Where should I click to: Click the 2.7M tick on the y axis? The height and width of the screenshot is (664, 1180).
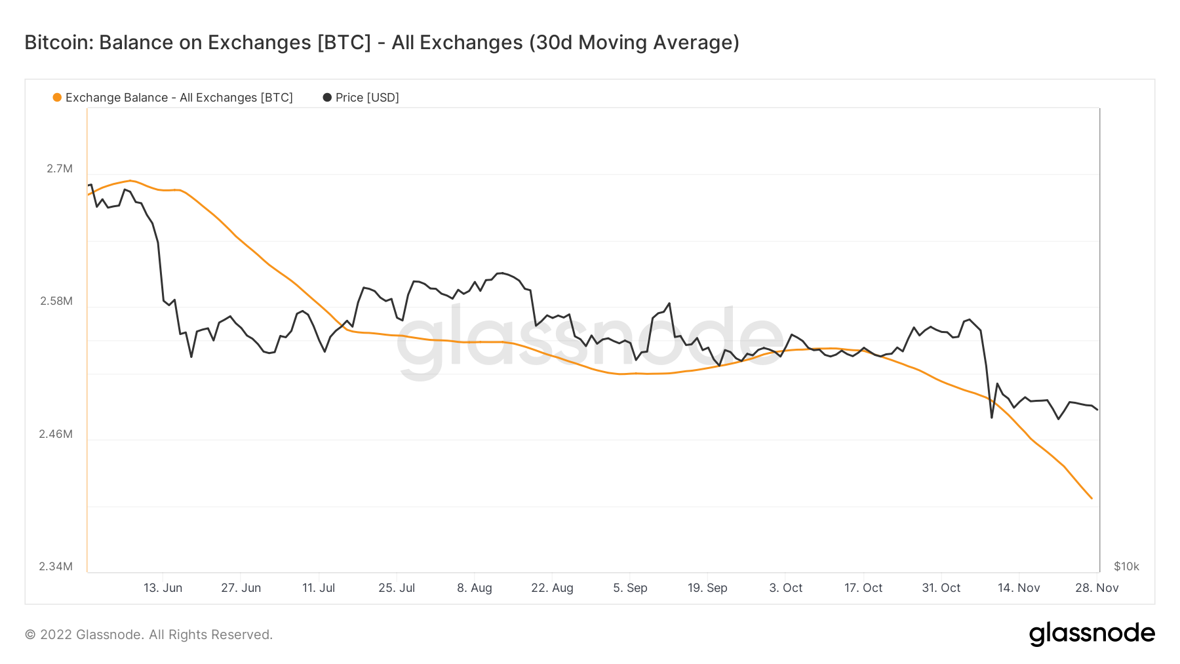point(59,169)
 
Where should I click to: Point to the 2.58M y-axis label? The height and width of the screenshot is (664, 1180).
point(56,302)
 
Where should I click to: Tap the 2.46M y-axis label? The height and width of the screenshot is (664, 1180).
point(56,434)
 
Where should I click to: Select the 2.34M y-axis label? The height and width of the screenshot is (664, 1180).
point(56,566)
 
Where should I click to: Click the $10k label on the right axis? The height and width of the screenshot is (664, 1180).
point(1126,566)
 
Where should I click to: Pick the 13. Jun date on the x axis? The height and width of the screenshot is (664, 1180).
point(163,588)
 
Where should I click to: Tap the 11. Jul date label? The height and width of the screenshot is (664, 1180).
point(319,588)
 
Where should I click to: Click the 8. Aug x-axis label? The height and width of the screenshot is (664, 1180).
point(475,588)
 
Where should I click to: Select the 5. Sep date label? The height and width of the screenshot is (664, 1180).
point(630,588)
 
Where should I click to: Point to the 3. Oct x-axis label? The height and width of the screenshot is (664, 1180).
point(785,588)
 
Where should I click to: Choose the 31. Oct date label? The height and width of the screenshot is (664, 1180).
point(941,588)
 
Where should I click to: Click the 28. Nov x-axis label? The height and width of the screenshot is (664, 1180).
point(1097,588)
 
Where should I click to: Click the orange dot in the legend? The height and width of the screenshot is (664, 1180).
point(57,98)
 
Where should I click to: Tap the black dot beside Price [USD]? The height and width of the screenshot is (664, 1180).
point(327,98)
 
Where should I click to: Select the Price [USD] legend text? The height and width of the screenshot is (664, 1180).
point(367,98)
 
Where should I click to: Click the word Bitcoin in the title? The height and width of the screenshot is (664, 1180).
point(58,43)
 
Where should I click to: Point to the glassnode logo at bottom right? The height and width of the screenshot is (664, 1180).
point(1091,634)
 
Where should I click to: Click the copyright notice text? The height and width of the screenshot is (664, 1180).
point(149,635)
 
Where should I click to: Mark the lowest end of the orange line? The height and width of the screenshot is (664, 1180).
point(1091,498)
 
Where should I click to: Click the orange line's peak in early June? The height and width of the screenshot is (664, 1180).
point(130,180)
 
